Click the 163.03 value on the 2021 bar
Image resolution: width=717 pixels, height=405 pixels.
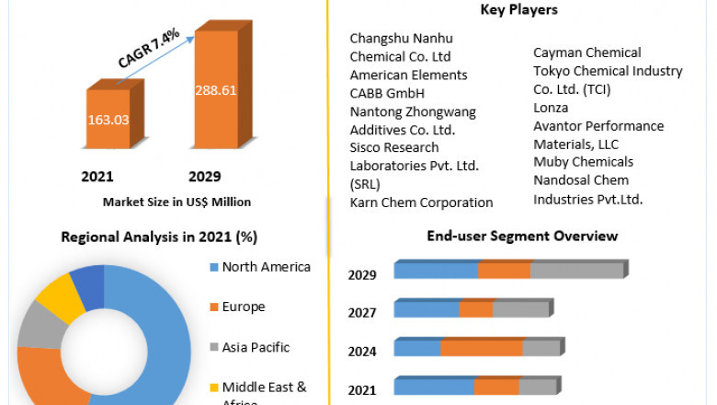coord(108,119)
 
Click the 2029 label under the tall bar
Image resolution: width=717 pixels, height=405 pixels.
coord(204,176)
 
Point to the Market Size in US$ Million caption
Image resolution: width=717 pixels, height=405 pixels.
coord(176,202)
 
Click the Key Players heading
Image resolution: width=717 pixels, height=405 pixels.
coord(518,10)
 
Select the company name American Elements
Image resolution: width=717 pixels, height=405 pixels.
coord(395,75)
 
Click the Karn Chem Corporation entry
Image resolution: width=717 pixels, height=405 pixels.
coord(421,202)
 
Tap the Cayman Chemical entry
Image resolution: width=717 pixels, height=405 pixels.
coord(586,52)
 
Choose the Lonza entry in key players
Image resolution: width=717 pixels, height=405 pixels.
coord(552,107)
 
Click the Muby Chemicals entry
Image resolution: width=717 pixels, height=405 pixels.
coord(583,162)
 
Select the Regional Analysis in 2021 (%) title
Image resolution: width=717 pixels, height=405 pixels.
coord(159,237)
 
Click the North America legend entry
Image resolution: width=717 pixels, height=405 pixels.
coord(266,267)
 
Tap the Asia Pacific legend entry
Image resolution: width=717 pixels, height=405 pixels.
coord(256,347)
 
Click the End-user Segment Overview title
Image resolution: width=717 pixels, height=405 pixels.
coord(522,236)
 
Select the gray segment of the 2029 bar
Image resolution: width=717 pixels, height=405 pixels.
coord(577,270)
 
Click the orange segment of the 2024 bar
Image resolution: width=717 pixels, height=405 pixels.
coord(482,348)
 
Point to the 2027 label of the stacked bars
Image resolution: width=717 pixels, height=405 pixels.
coord(362,313)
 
